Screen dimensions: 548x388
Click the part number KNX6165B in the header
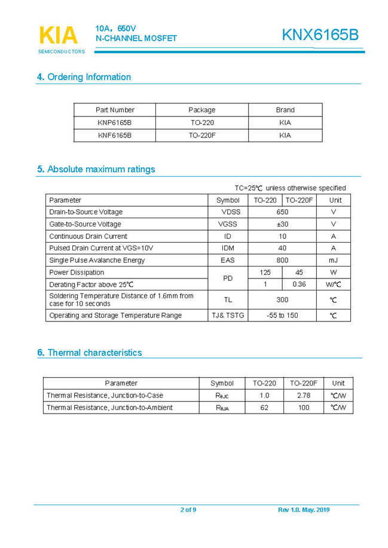(x=320, y=35)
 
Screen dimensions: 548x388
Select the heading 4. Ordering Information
(x=84, y=77)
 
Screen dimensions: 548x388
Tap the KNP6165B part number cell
(x=115, y=123)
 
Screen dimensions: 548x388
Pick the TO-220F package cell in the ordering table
(x=202, y=136)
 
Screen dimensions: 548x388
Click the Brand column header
(x=285, y=110)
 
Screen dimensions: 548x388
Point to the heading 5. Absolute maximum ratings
(x=96, y=169)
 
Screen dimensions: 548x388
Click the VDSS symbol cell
(x=228, y=212)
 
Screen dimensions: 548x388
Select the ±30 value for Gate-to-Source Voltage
(x=282, y=224)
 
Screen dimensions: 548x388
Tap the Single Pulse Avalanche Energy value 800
(x=282, y=261)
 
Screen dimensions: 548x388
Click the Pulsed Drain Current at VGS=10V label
(x=101, y=248)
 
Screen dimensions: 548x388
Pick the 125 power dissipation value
(x=265, y=273)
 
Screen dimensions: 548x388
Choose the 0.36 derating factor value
(x=299, y=284)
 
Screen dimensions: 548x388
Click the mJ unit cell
(x=333, y=261)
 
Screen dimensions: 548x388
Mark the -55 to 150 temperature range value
(x=282, y=316)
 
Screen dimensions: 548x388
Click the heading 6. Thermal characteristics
(x=90, y=353)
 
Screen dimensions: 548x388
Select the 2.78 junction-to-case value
(x=303, y=396)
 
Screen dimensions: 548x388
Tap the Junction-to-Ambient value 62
(x=264, y=408)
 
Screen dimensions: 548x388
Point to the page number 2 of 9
(x=188, y=510)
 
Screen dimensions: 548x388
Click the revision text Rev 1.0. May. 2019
(x=304, y=510)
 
